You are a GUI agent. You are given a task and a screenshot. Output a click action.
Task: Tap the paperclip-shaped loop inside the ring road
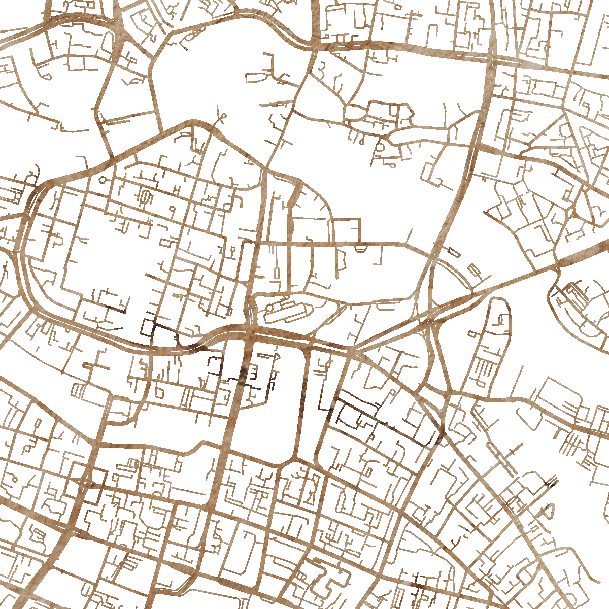coord(145,197)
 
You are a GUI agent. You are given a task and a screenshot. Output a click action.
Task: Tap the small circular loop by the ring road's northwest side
coord(104,180)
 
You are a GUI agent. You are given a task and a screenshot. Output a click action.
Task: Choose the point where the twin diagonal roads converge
coord(355,350)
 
